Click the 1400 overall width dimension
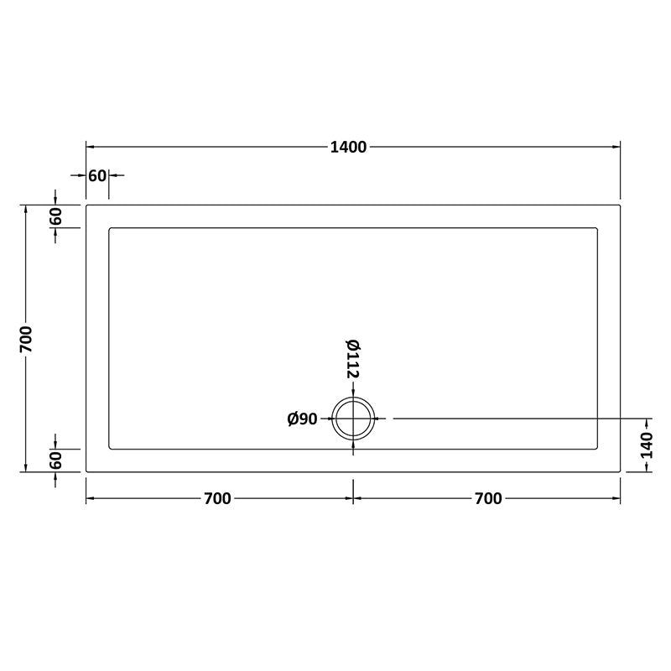pyautogui.click(x=348, y=148)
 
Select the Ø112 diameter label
pyautogui.click(x=352, y=359)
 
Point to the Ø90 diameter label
pyautogui.click(x=302, y=419)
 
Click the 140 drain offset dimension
pyautogui.click(x=646, y=445)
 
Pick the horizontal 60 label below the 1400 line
pyautogui.click(x=97, y=175)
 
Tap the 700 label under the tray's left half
pyautogui.click(x=216, y=499)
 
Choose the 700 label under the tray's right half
pyautogui.click(x=488, y=499)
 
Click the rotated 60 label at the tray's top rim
pyautogui.click(x=56, y=216)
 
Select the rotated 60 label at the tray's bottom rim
pyautogui.click(x=56, y=460)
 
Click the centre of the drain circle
pyautogui.click(x=353, y=418)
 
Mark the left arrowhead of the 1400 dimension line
pyautogui.click(x=90, y=147)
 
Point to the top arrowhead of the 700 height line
pyautogui.click(x=26, y=208)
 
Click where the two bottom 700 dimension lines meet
pyautogui.click(x=353, y=498)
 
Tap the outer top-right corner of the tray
pyautogui.click(x=620, y=205)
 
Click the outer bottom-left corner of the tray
pyautogui.click(x=86, y=471)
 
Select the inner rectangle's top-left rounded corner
pyautogui.click(x=111, y=228)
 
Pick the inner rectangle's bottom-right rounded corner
pyautogui.click(x=596, y=448)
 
